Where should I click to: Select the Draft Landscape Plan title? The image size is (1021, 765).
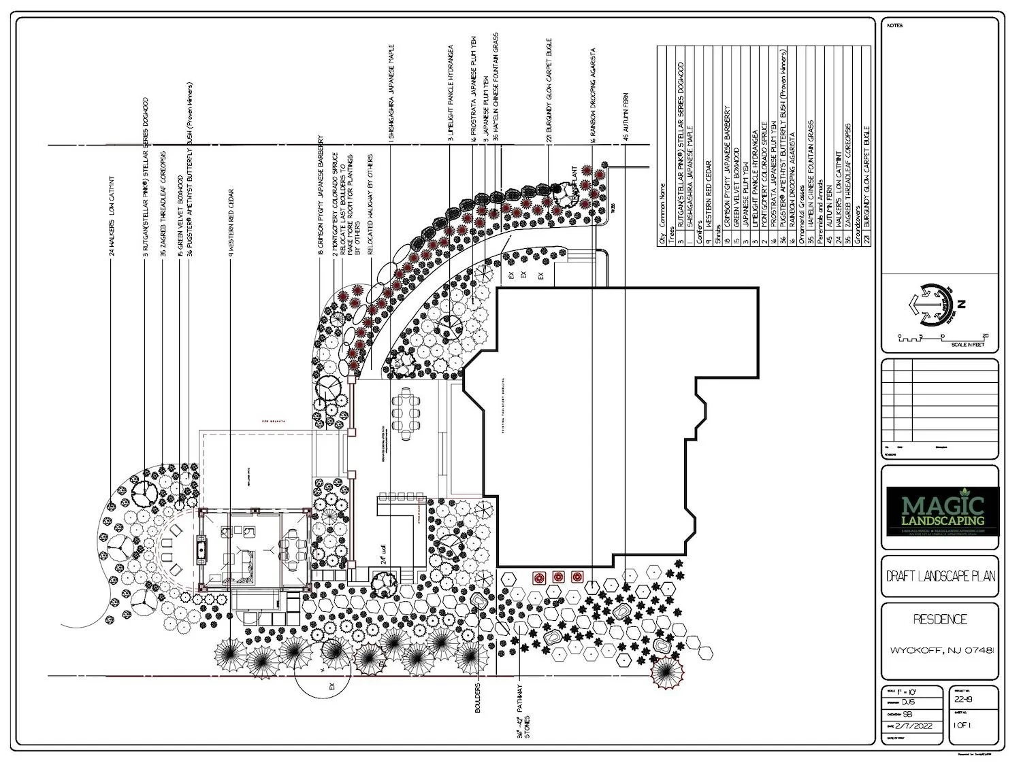coord(941,576)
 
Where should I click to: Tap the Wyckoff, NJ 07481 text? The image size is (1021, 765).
coord(943,650)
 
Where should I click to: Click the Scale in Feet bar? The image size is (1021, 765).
coord(943,338)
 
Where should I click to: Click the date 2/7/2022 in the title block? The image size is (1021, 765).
coord(911,726)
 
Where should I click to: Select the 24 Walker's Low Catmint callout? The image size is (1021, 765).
coord(112,217)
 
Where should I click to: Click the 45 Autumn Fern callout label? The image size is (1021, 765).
coord(626,117)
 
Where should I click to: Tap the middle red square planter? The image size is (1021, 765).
coord(558,577)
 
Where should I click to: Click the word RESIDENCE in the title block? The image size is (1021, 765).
coord(940,619)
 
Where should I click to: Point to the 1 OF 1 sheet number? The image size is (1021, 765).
coord(963,726)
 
